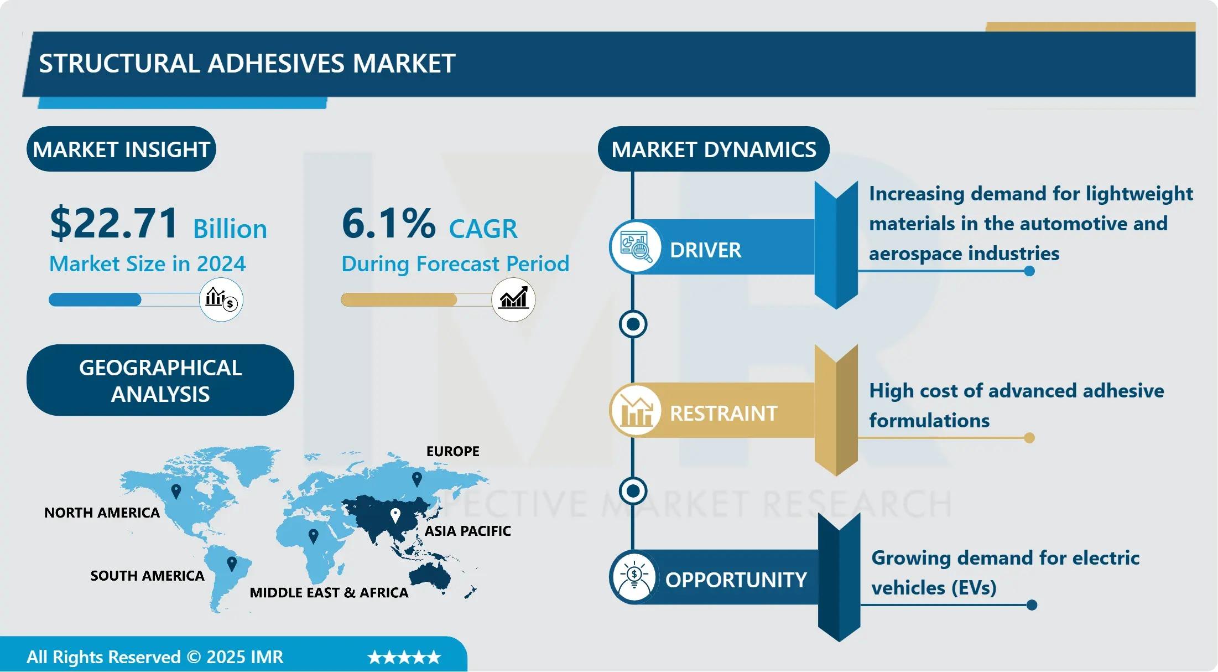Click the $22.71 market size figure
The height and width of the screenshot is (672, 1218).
pyautogui.click(x=113, y=223)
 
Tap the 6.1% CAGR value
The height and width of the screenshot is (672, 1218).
pyautogui.click(x=388, y=223)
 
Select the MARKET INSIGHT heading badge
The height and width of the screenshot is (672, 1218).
pyautogui.click(x=121, y=149)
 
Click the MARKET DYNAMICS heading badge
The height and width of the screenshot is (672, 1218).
pyautogui.click(x=714, y=149)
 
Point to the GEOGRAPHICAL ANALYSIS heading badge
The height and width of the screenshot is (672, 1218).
pyautogui.click(x=160, y=380)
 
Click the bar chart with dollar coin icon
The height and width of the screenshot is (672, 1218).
pyautogui.click(x=221, y=299)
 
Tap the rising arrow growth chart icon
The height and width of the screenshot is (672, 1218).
pyautogui.click(x=513, y=299)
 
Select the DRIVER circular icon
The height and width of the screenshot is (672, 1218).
pyautogui.click(x=636, y=247)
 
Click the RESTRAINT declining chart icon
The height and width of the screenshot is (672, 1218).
pyautogui.click(x=636, y=411)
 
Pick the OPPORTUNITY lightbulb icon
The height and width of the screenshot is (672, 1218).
pyautogui.click(x=634, y=577)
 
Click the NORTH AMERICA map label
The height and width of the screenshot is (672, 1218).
pyautogui.click(x=102, y=513)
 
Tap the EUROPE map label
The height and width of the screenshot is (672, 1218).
pyautogui.click(x=452, y=451)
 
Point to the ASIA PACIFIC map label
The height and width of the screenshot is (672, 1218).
pyautogui.click(x=467, y=531)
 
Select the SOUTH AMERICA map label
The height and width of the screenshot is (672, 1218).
pyautogui.click(x=147, y=576)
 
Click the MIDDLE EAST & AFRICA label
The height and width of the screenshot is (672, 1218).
pyautogui.click(x=329, y=593)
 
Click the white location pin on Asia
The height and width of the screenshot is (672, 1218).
pyautogui.click(x=395, y=516)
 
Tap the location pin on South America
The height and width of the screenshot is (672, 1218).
pyautogui.click(x=232, y=564)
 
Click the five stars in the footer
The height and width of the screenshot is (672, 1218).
pyautogui.click(x=404, y=657)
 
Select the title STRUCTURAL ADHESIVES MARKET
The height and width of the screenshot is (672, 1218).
pyautogui.click(x=247, y=64)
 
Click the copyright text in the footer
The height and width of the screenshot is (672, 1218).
pyautogui.click(x=155, y=657)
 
